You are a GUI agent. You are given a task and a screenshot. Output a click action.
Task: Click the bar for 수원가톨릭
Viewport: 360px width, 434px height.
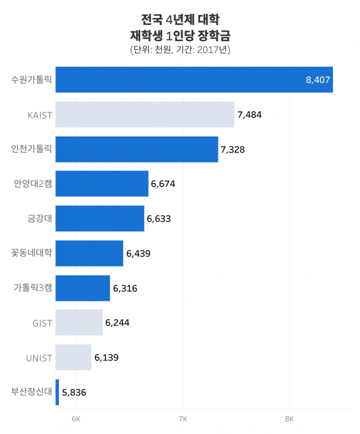click(194, 79)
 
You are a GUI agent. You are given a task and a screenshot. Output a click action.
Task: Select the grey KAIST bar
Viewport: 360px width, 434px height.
click(145, 114)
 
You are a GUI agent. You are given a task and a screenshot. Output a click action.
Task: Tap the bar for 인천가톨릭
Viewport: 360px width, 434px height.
click(137, 149)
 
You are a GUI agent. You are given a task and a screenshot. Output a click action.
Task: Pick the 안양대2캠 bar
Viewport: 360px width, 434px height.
click(102, 184)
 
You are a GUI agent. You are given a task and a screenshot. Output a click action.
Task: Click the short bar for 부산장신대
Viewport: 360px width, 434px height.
click(57, 392)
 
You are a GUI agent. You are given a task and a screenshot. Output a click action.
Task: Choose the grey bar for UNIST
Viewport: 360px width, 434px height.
click(74, 357)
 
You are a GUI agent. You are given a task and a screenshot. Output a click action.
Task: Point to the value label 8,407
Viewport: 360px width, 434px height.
click(318, 80)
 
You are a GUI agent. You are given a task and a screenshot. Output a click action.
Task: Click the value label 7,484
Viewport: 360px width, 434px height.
click(249, 114)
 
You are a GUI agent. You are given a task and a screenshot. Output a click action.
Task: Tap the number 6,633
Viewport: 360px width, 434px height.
click(159, 218)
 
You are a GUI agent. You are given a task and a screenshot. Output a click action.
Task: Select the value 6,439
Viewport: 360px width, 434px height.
click(138, 253)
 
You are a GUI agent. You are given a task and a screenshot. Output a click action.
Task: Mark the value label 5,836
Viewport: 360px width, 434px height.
click(74, 392)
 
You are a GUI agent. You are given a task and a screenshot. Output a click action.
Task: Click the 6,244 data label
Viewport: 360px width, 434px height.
click(117, 323)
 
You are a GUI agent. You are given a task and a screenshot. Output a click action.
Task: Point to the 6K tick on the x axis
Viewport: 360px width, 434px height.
click(76, 419)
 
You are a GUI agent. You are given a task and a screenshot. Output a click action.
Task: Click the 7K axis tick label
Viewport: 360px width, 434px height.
click(183, 419)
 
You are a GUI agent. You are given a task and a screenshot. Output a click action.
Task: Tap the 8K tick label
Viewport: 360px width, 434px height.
click(289, 419)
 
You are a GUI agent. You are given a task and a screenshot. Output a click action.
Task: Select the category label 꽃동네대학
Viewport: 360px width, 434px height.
click(31, 253)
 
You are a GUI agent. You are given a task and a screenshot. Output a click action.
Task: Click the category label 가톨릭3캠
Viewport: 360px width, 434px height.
click(33, 288)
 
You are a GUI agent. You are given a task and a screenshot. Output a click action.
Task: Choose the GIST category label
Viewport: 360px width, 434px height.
click(42, 323)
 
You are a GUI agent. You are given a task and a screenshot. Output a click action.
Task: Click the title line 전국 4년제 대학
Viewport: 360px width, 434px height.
click(179, 19)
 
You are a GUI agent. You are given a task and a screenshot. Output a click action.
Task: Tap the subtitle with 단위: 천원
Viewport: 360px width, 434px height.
click(180, 50)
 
